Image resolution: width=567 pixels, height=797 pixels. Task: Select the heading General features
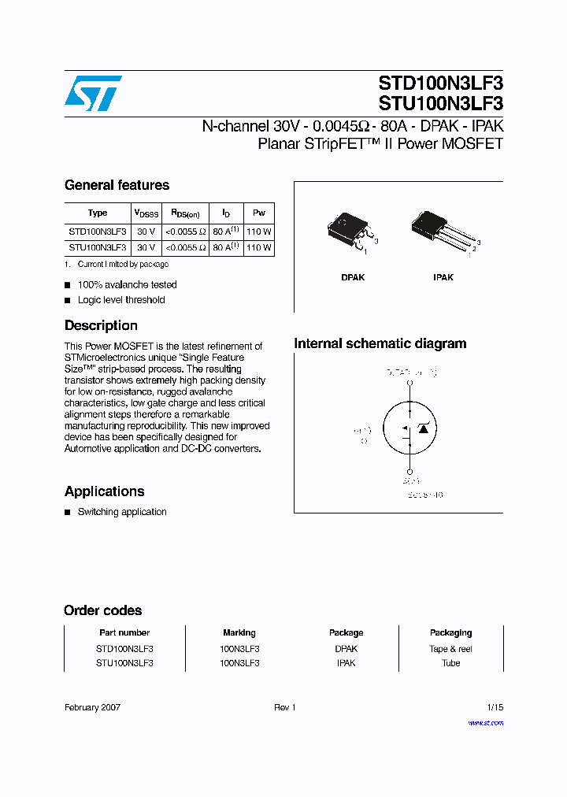pos(117,185)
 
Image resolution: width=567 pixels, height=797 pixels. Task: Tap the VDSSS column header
pos(146,213)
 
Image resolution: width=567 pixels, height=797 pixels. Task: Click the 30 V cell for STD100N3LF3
pos(146,232)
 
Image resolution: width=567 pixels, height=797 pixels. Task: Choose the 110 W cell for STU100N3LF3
pos(258,247)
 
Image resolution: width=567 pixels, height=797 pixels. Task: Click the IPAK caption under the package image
pos(443,277)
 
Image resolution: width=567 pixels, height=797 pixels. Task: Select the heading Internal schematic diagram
pos(380,343)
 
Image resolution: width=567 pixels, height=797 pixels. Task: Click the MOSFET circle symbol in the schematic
pos(409,430)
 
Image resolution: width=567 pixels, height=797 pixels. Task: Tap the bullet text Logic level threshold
pos(121,300)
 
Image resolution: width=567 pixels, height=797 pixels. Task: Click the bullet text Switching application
pos(122,512)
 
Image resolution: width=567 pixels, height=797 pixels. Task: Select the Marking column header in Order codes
pos(239,632)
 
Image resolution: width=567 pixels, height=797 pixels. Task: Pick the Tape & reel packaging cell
pos(450,649)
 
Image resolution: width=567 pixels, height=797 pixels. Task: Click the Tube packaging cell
pos(450,663)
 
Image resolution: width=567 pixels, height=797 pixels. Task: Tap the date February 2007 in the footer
pos(92,707)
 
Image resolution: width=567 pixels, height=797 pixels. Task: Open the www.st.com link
pos(485,722)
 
